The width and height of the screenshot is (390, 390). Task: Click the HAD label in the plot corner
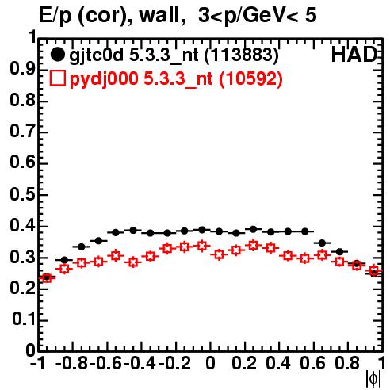coord(354,55)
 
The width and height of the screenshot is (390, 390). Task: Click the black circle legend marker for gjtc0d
coord(57,55)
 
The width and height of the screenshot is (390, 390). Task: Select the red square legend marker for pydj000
coord(57,78)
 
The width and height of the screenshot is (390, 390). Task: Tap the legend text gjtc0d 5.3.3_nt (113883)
coord(174,55)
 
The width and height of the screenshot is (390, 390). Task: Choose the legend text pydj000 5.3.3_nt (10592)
coord(176,79)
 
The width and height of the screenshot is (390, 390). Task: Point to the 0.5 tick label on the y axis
coord(22,195)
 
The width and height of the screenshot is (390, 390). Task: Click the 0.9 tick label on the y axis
coord(22,70)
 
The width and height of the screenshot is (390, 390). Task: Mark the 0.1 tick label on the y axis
coord(24,319)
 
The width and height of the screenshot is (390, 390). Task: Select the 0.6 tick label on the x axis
coord(312,363)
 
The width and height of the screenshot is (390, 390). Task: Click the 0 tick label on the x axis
coord(210,363)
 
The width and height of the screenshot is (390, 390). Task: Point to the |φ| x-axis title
coord(373,379)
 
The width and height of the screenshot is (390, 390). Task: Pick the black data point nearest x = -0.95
coord(47,277)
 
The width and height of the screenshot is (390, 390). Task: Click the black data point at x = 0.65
coord(322,243)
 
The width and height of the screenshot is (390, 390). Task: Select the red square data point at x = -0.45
coord(133,262)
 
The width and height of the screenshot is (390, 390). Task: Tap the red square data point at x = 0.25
coord(253,246)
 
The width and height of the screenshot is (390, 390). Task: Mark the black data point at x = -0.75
coord(81,247)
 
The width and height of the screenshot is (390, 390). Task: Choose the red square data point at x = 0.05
coord(219,254)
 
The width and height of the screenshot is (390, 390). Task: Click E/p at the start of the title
coord(55,16)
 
